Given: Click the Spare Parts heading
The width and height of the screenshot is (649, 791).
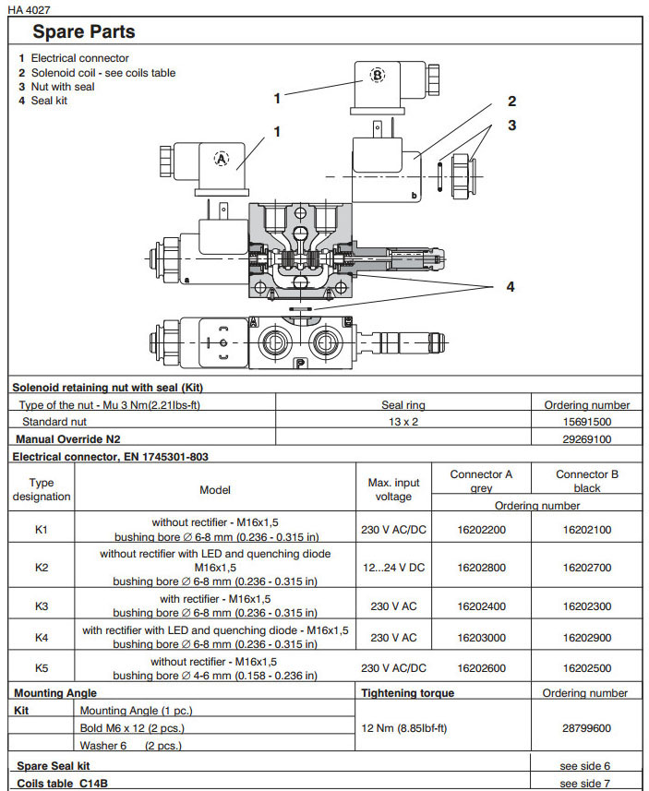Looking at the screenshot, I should pyautogui.click(x=84, y=31).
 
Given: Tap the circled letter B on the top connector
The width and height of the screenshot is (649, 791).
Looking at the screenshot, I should pyautogui.click(x=377, y=76).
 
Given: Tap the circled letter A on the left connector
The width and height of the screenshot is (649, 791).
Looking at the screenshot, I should pyautogui.click(x=221, y=158).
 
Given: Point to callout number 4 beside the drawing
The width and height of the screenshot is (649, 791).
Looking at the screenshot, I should pyautogui.click(x=510, y=287).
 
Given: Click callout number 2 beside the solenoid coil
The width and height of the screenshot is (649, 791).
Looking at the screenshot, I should pyautogui.click(x=511, y=102).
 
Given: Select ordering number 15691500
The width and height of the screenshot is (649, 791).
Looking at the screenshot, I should pyautogui.click(x=586, y=421).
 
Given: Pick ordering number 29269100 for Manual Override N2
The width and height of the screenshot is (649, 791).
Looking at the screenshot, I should pyautogui.click(x=586, y=438).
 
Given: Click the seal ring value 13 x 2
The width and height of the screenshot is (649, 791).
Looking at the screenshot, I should pyautogui.click(x=403, y=421).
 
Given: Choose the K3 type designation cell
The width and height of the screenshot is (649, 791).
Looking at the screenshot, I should pyautogui.click(x=42, y=606).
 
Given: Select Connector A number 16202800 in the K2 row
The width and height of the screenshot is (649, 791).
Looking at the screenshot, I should pyautogui.click(x=481, y=568).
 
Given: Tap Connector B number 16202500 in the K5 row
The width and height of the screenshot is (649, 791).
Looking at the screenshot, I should pyautogui.click(x=586, y=668).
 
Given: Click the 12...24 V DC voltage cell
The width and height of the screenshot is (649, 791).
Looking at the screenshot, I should pyautogui.click(x=393, y=568).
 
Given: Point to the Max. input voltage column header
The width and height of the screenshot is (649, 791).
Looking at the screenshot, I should pyautogui.click(x=393, y=489).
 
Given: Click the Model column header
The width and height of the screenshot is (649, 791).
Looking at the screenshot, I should pyautogui.click(x=215, y=490).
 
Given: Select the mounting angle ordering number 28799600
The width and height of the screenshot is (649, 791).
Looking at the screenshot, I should pyautogui.click(x=586, y=728).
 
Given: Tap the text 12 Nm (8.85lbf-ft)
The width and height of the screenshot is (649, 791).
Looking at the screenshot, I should pyautogui.click(x=403, y=728).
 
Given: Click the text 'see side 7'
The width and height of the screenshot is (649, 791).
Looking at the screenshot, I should pyautogui.click(x=585, y=784).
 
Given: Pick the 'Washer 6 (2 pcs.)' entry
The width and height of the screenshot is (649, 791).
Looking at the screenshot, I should pyautogui.click(x=130, y=746).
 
